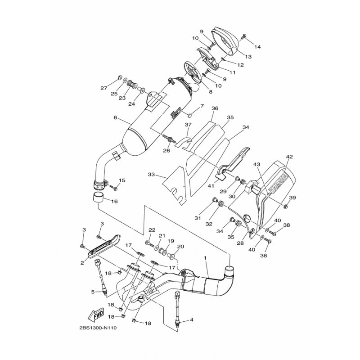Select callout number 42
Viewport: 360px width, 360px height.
pos(289,157)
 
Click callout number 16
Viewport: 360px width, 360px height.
pos(114,202)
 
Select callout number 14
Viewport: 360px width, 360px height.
pos(257,47)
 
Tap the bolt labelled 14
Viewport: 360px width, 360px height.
pos(243,36)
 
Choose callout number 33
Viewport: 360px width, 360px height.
pos(151,174)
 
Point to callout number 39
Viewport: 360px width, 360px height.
pos(292,198)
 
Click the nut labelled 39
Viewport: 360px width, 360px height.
pos(286,207)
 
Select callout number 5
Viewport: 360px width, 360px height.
pos(93,292)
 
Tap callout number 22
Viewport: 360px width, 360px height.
pos(152,230)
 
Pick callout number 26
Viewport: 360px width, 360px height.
pos(166,151)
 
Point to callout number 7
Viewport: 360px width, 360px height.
pos(202,106)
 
